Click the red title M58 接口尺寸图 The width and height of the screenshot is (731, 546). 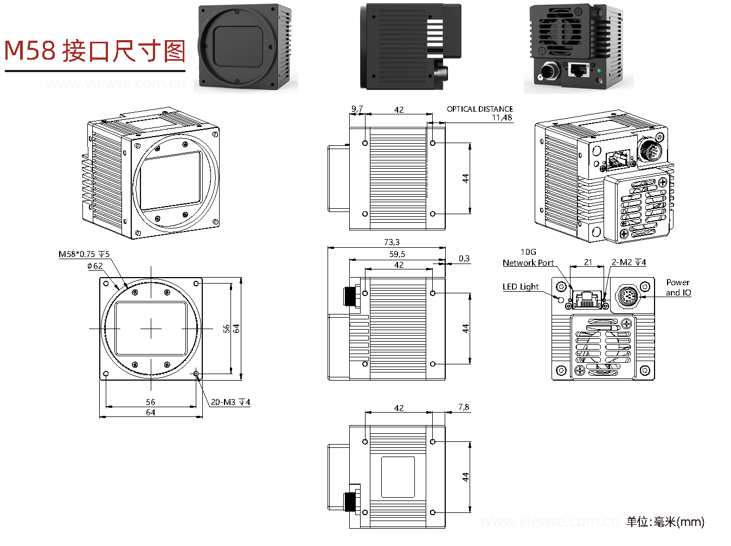click(95, 52)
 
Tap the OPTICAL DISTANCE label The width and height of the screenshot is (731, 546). click(479, 109)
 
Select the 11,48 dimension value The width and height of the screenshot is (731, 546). click(502, 118)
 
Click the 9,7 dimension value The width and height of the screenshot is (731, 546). click(357, 109)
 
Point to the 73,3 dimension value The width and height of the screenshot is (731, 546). click(392, 242)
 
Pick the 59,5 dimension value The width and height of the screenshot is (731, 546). click(397, 254)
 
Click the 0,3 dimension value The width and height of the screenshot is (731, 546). click(464, 259)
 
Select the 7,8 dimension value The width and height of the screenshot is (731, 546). click(464, 407)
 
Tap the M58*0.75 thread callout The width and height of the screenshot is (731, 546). click(84, 254)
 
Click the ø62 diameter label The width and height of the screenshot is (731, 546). click(95, 266)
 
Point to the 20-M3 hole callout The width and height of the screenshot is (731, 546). click(230, 402)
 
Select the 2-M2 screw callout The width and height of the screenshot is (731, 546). click(629, 262)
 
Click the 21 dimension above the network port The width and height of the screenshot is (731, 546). click(588, 262)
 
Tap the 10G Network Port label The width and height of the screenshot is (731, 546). click(528, 258)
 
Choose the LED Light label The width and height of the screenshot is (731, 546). click(521, 287)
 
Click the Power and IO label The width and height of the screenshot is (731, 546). click(678, 287)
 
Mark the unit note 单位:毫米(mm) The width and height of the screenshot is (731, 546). click(665, 522)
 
